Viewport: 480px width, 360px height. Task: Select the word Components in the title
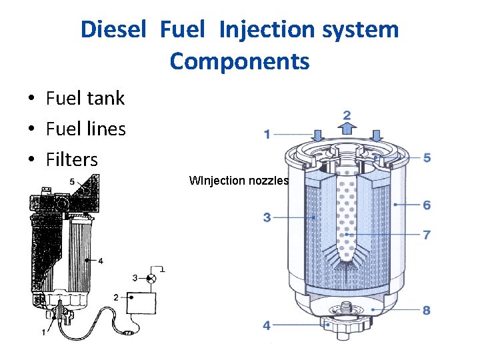[239, 61]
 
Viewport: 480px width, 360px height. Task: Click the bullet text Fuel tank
[85, 99]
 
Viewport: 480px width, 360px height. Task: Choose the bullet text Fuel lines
[85, 129]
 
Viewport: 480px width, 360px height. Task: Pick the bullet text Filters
[71, 160]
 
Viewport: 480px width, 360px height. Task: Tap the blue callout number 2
[347, 115]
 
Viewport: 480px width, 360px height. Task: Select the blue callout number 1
[267, 135]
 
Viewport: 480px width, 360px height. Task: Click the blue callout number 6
[427, 205]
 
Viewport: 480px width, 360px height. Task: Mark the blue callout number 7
[427, 235]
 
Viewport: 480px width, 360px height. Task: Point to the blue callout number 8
[427, 309]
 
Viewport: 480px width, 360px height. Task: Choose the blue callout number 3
[267, 217]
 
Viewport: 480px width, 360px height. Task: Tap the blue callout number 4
[267, 325]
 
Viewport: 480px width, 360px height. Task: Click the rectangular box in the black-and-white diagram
[141, 304]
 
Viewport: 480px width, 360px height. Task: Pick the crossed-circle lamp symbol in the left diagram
[152, 277]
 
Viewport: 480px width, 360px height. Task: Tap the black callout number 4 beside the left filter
[100, 261]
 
